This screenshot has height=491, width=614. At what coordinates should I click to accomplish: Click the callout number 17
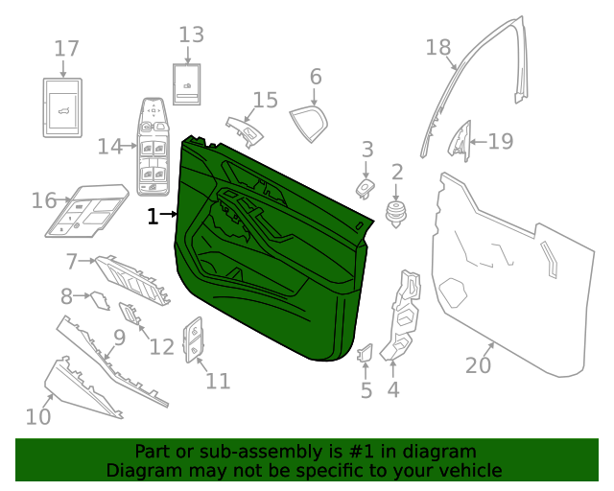point(65,48)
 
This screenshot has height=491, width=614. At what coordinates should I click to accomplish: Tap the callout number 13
point(191,35)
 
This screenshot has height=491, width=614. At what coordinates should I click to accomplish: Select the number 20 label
point(478,365)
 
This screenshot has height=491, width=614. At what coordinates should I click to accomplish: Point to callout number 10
point(37,416)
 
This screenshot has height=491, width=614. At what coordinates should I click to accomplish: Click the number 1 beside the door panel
point(152,217)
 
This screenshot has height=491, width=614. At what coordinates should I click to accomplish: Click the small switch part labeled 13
point(186,89)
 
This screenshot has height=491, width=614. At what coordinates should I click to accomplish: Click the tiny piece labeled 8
point(98,300)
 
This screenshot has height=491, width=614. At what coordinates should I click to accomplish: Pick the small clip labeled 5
point(365,356)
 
